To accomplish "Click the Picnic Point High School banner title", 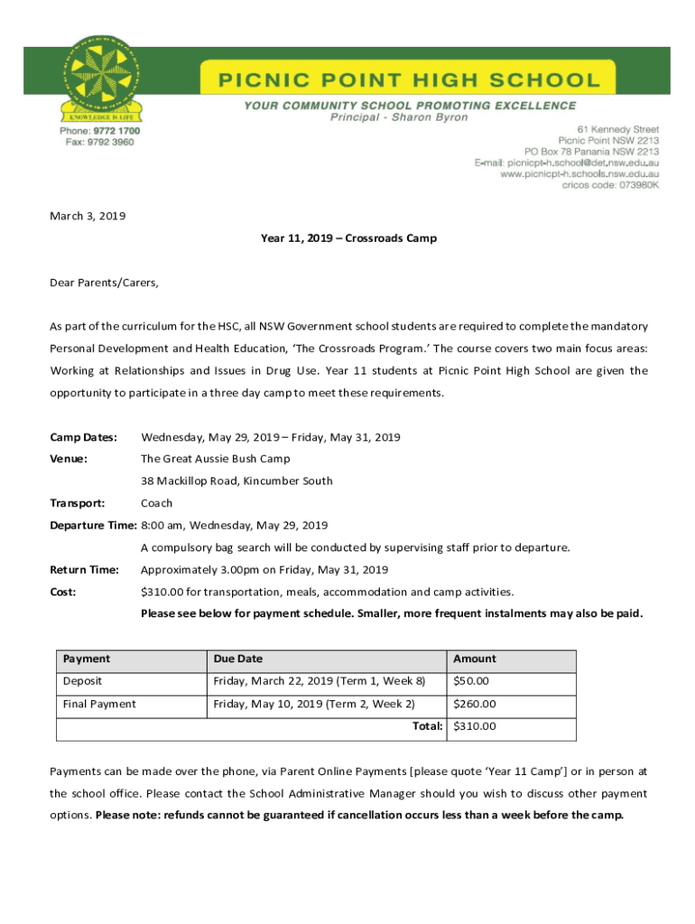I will [410, 79].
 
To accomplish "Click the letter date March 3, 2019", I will [88, 217].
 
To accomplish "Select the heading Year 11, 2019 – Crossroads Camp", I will [348, 238].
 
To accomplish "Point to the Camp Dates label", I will [83, 438].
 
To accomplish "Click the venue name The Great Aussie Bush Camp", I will [216, 459].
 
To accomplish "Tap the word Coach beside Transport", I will [156, 504].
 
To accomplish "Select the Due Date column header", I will [237, 659].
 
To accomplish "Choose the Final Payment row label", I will [99, 704].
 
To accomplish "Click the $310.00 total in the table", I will [475, 726].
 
